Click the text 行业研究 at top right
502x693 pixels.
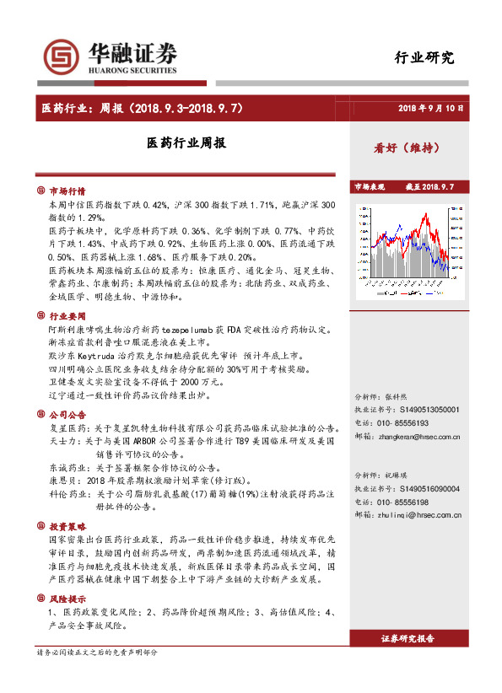tap(424, 58)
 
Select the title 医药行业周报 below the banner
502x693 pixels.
tap(186, 144)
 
